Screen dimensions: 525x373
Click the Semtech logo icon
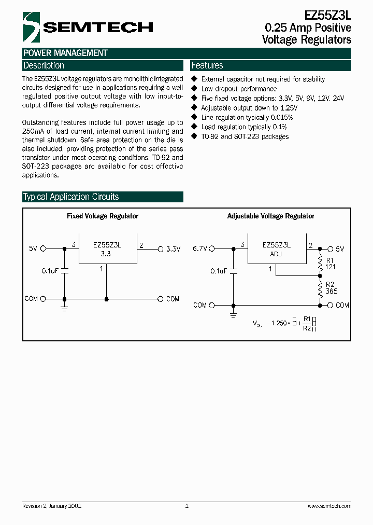tap(31, 27)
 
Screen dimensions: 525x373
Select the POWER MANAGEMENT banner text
tap(65, 53)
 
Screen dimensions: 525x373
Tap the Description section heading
tap(44, 65)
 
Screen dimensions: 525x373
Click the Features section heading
tap(207, 65)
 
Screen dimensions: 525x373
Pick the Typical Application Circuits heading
tap(71, 197)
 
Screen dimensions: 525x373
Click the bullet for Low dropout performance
tap(195, 89)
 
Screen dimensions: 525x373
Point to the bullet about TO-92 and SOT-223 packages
tap(195, 136)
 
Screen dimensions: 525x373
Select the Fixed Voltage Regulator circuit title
tap(103, 216)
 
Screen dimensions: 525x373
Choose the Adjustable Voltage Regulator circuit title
tap(270, 216)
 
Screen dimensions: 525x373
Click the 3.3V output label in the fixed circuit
tap(173, 249)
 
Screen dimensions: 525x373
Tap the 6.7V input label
tap(199, 249)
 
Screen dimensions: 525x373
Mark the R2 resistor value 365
tap(332, 292)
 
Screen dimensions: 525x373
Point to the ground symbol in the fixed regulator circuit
tap(64, 308)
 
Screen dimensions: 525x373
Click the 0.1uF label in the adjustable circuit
tap(219, 271)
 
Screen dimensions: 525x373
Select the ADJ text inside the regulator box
tap(276, 255)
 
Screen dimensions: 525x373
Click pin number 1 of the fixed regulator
tap(102, 269)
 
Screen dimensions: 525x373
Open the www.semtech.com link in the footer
tap(329, 506)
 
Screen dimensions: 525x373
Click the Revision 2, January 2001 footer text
tap(52, 506)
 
